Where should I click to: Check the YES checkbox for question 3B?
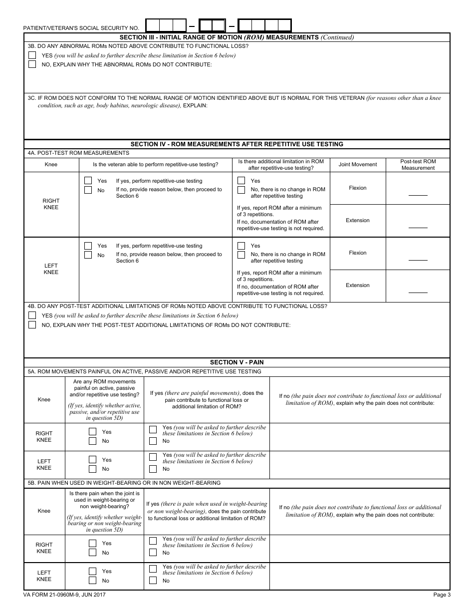point(32,55)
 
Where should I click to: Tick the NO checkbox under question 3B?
point(32,64)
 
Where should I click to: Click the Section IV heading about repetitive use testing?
point(237,144)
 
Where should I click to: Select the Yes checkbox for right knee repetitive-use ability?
point(88,181)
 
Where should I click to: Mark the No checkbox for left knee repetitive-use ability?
point(88,255)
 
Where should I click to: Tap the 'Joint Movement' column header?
point(357,165)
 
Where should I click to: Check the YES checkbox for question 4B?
point(32,315)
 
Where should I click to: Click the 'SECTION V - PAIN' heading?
point(237,362)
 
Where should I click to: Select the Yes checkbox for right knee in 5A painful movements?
point(92,432)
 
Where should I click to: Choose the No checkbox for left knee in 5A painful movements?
point(92,469)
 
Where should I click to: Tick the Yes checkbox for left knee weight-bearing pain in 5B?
point(92,571)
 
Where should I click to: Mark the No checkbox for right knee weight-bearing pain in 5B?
point(92,553)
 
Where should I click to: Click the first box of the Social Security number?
point(153,25)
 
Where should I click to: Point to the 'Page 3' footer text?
point(442,595)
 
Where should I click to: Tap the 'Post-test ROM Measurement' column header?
point(418,165)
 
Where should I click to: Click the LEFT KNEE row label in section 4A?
point(51,269)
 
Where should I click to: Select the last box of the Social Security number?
point(284,25)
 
